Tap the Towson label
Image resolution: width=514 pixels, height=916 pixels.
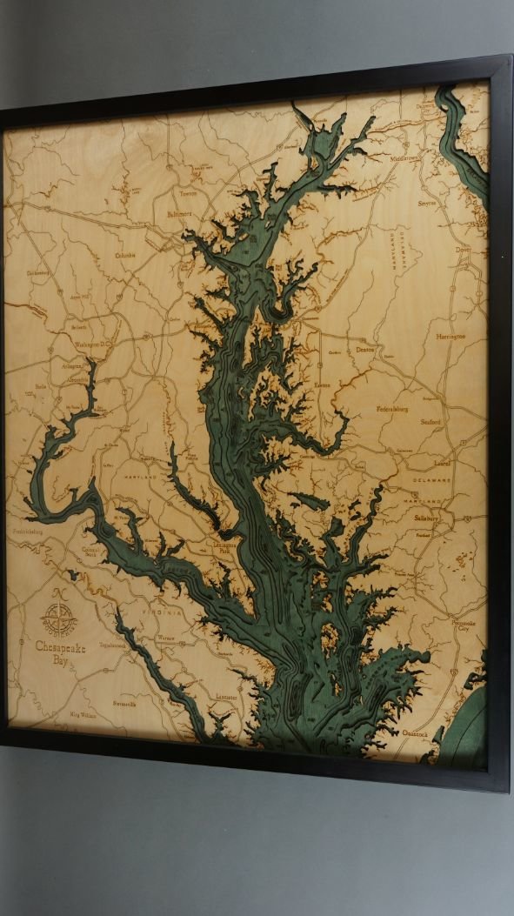click(189, 193)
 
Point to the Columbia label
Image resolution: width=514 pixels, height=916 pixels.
click(126, 255)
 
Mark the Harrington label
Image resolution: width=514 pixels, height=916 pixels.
click(451, 336)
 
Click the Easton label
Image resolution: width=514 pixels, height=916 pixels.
click(323, 384)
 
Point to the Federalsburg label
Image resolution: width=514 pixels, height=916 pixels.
click(398, 407)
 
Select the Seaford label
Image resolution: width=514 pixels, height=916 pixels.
click(430, 422)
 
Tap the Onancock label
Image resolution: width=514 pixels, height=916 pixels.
click(417, 733)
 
